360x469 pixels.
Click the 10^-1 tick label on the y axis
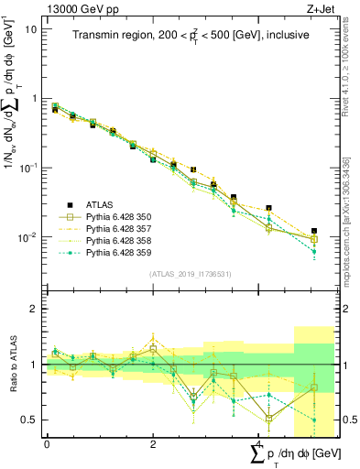pos(27,169)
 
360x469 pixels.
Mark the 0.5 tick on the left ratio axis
pos(29,420)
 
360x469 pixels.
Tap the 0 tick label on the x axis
pos(47,442)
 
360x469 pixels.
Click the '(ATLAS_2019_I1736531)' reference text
pos(190,273)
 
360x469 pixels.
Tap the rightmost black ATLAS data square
pos(314,232)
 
